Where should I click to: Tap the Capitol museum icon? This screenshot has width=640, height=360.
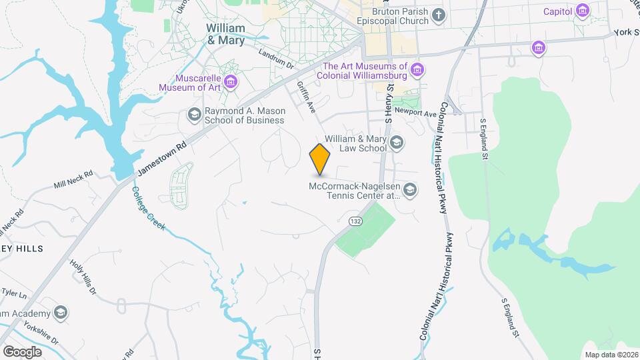(583, 11)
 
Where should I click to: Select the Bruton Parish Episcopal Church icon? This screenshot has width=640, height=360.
(438, 15)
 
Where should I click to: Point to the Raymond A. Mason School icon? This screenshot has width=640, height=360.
(194, 115)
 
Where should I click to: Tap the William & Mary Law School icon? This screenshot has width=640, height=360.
(397, 142)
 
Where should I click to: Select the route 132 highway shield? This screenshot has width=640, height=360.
(355, 221)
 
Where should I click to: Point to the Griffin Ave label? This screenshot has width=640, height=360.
(306, 97)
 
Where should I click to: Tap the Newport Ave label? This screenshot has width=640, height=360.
(415, 112)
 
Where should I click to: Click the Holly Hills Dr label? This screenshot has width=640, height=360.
(83, 276)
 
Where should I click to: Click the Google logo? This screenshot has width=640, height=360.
(22, 351)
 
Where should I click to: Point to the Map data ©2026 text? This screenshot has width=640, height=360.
(610, 355)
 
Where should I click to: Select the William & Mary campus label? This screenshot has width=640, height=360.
(225, 34)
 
